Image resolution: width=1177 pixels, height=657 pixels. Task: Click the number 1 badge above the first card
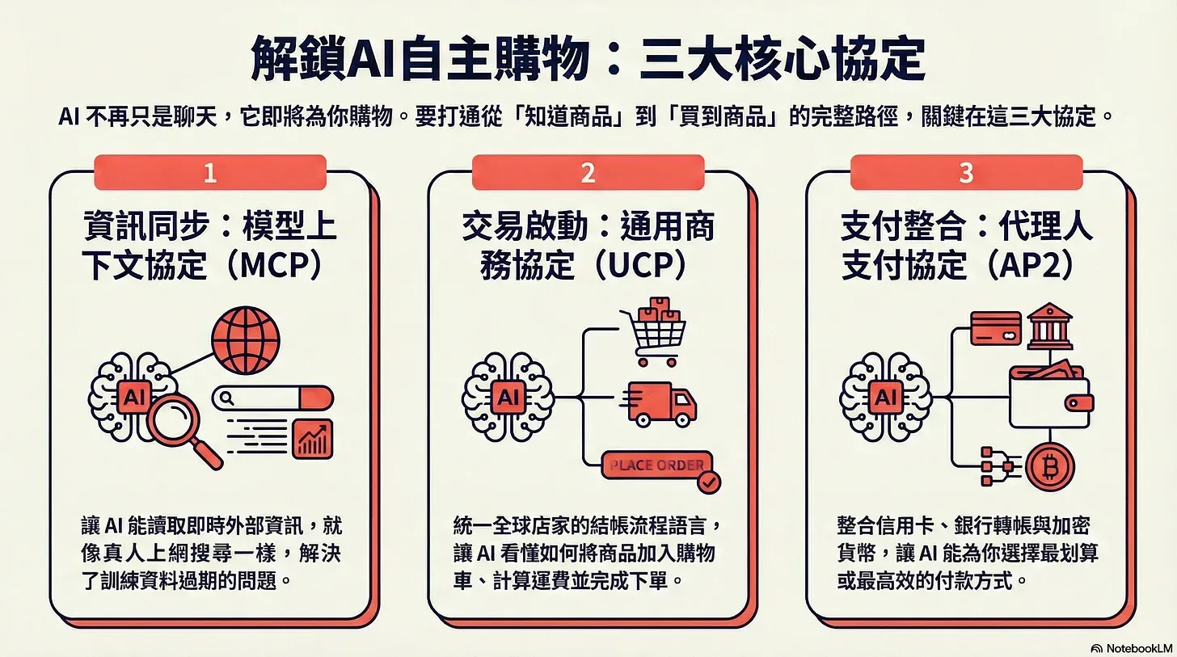click(x=210, y=173)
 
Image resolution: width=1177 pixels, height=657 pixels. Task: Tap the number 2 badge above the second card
click(x=588, y=173)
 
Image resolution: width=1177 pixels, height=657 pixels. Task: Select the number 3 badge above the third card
click(x=966, y=173)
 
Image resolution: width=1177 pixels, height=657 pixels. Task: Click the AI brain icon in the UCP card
click(x=508, y=397)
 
